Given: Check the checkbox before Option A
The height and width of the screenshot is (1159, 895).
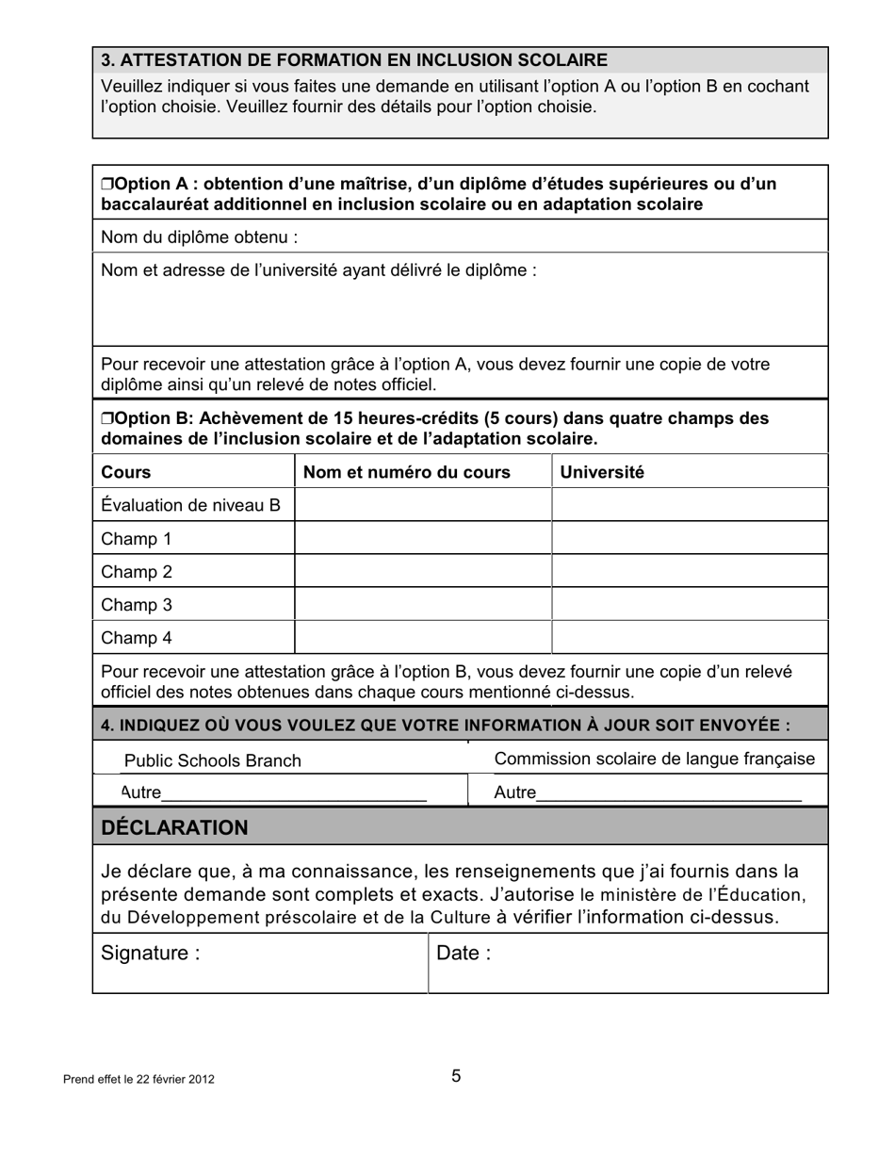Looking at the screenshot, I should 106,184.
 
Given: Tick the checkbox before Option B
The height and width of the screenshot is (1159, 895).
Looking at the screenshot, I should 106,418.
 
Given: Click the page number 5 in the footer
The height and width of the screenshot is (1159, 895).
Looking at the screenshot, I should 456,1076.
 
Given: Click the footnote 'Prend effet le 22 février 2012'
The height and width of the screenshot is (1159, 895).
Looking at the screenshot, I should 138,1079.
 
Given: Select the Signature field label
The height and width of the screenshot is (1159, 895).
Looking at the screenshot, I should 150,954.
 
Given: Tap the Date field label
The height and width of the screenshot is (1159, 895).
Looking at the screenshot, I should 463,954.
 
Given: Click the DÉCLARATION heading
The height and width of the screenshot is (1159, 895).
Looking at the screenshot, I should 174,827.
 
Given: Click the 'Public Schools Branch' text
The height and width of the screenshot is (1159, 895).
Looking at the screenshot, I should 212,760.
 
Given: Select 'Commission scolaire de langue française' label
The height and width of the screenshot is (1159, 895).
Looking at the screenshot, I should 654,759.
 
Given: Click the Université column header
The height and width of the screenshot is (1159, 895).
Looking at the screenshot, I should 602,472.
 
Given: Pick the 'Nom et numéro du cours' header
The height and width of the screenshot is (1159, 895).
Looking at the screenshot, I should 406,472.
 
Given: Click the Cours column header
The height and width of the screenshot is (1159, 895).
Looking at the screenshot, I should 125,472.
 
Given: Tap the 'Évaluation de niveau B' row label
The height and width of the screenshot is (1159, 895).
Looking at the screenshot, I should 190,505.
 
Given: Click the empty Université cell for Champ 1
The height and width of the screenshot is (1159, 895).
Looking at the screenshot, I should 689,539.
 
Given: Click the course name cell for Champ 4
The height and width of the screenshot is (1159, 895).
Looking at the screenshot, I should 422,638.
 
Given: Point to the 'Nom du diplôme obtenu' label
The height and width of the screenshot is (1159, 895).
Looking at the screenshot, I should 199,237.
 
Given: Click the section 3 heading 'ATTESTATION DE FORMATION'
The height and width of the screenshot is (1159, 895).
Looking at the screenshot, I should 353,60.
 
